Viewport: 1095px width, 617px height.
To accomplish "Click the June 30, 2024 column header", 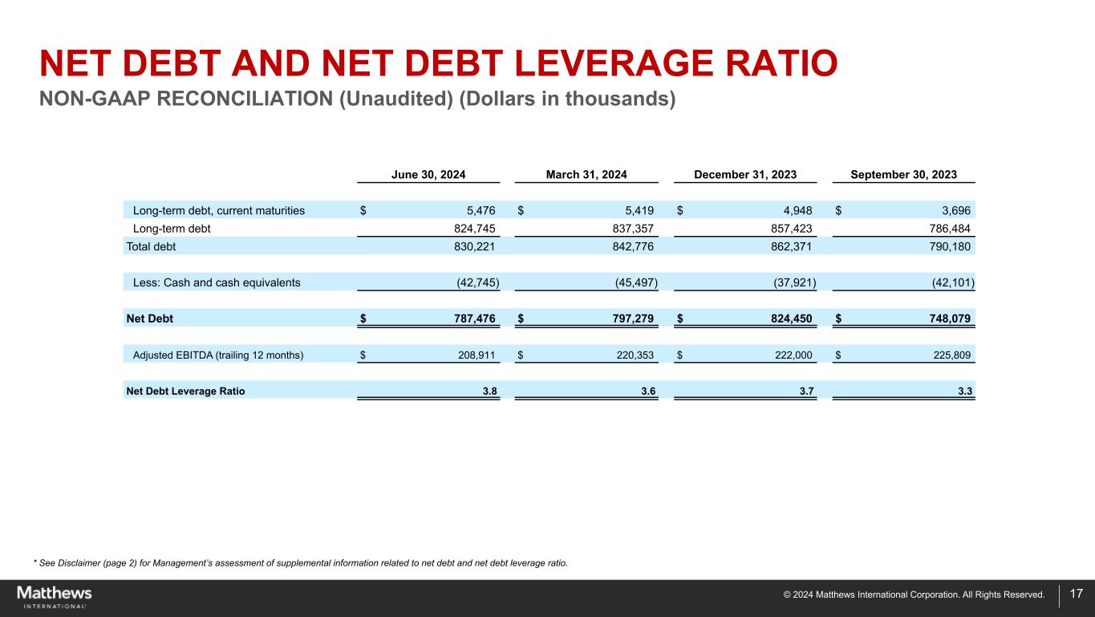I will (x=428, y=175).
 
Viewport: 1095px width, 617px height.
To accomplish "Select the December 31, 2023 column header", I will (x=744, y=175).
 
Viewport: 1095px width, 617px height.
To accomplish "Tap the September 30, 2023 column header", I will (x=903, y=175).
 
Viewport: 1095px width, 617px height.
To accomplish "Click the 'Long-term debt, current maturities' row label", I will (x=218, y=211).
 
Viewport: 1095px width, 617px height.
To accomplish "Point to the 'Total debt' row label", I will (x=151, y=246).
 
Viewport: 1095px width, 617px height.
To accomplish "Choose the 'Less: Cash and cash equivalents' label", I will (x=217, y=282).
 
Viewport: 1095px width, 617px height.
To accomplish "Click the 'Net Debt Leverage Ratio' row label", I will (x=185, y=392).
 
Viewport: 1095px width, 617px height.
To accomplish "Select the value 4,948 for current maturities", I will (x=797, y=211).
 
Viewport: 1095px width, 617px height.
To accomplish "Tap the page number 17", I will (x=1076, y=595).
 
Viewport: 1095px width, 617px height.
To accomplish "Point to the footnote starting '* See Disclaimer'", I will (x=300, y=562).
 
